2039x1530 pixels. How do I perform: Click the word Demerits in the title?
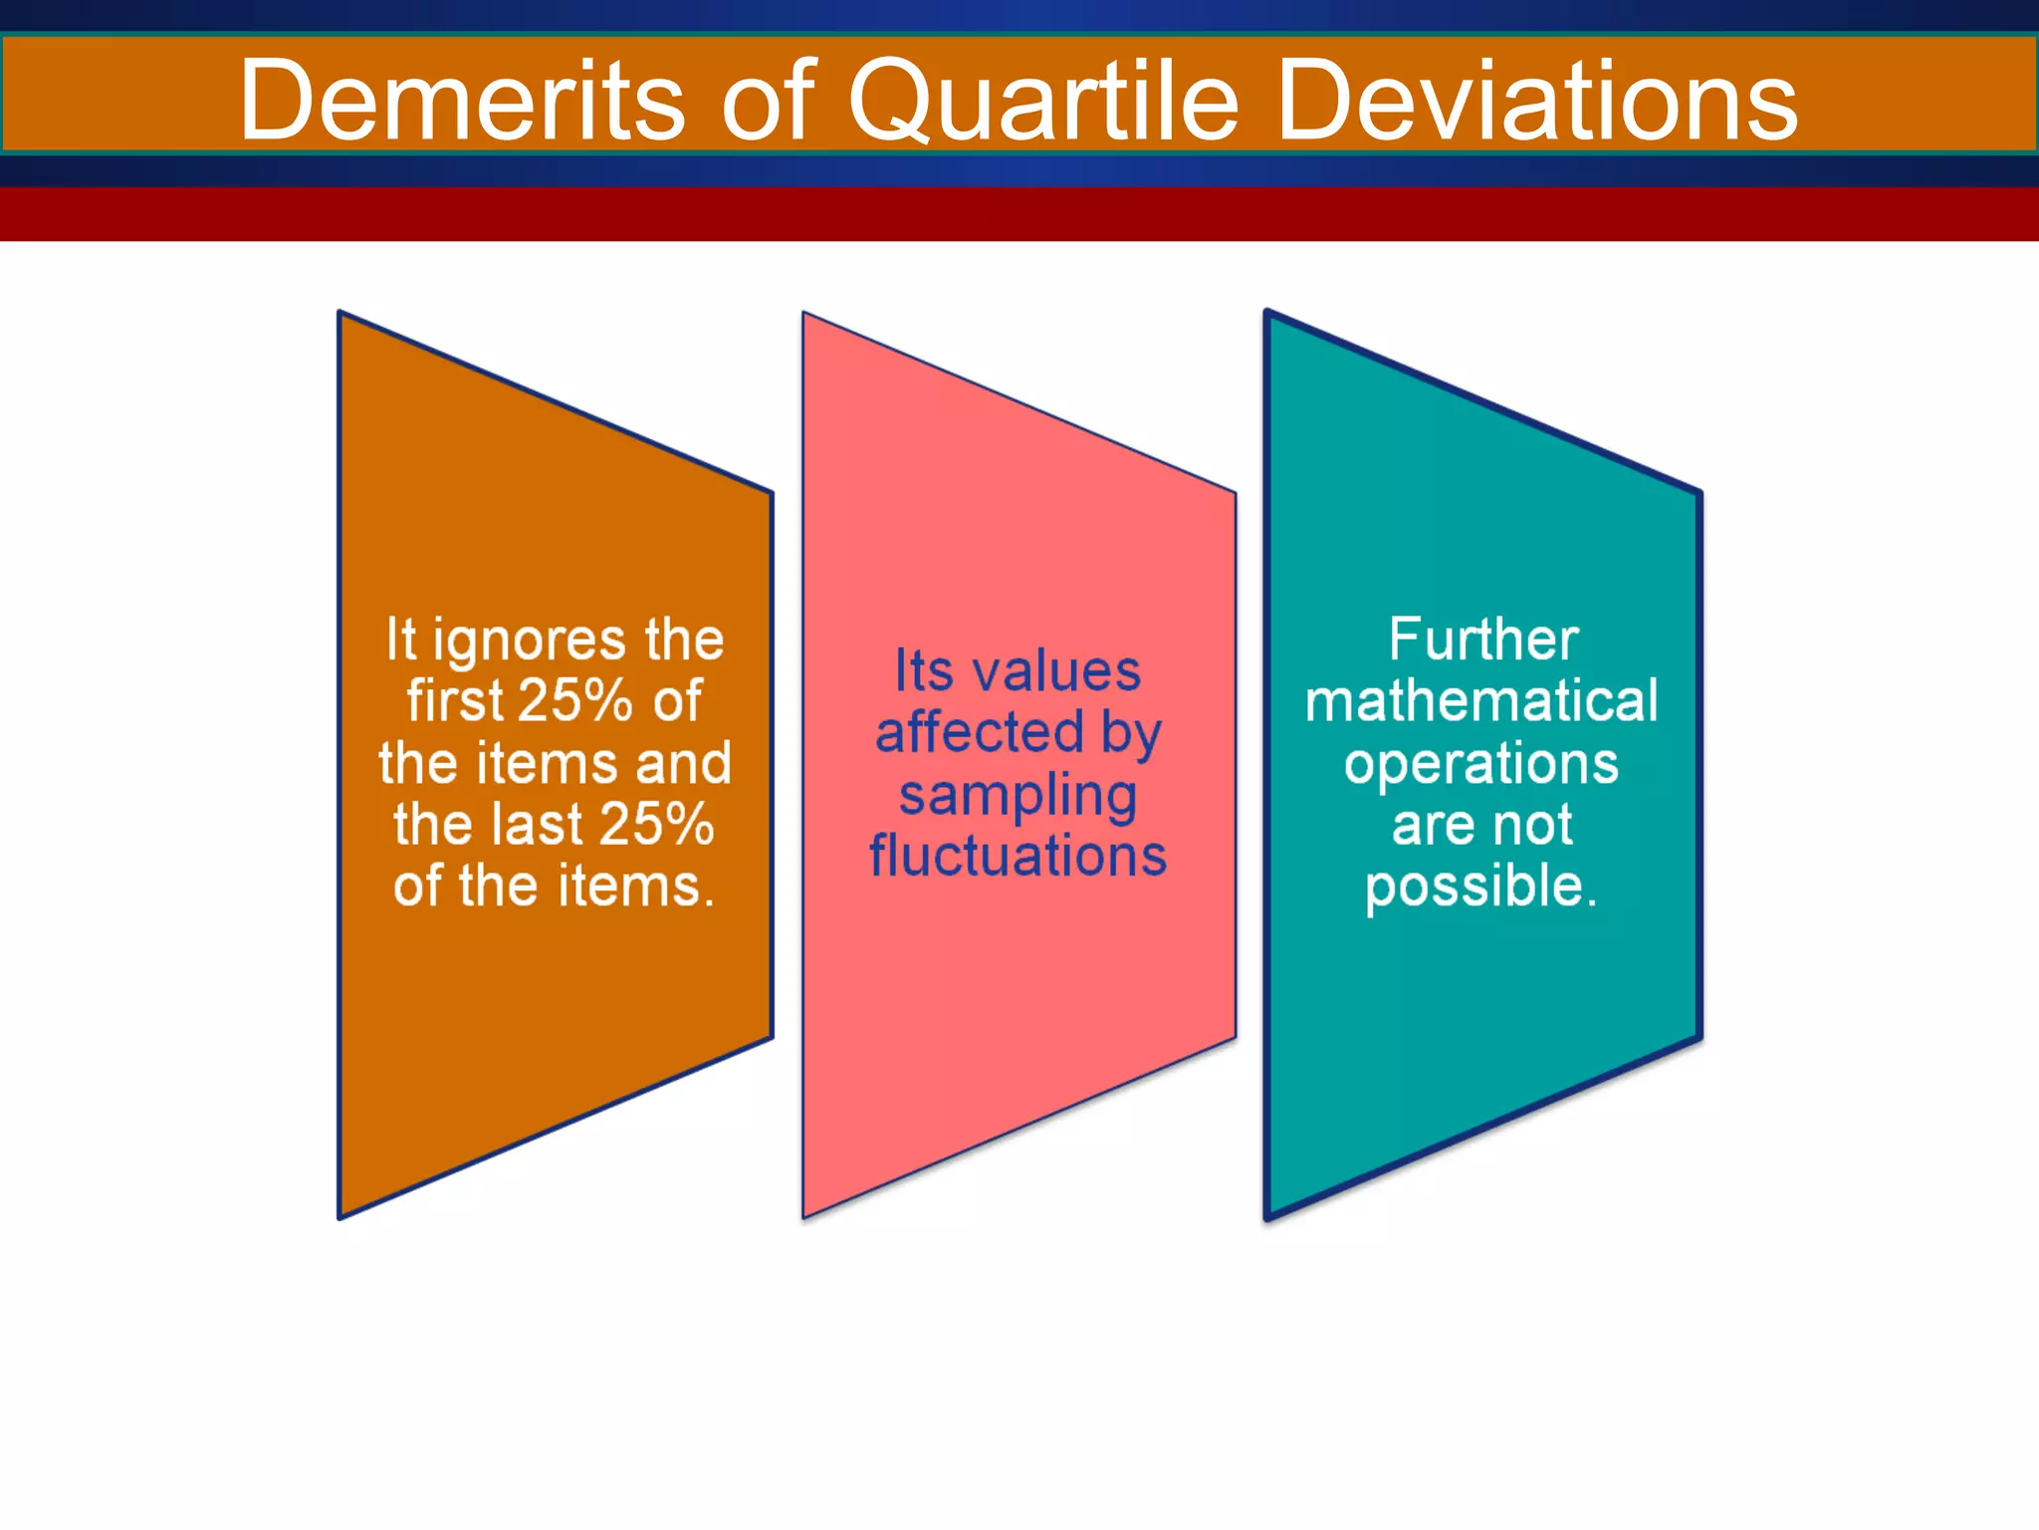pos(461,100)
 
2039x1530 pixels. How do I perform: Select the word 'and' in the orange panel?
pos(683,763)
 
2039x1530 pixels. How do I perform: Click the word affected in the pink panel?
pos(979,732)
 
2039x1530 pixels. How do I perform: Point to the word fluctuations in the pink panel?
pos(1018,856)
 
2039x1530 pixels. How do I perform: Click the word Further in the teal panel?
pos(1483,639)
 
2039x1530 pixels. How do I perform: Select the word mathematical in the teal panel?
pos(1481,700)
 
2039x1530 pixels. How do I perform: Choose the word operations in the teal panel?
pos(1481,765)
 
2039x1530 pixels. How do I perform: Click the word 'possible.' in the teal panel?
pos(1480,887)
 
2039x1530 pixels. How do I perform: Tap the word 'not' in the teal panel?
pos(1533,825)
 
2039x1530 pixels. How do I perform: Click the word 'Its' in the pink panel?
pos(924,670)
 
